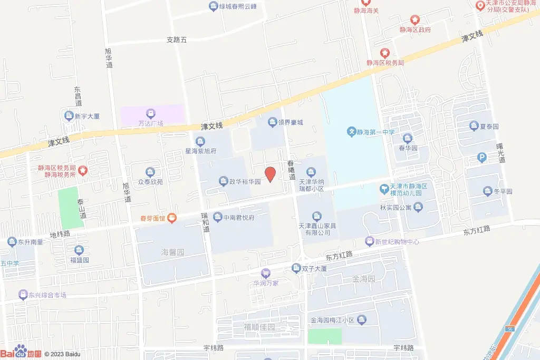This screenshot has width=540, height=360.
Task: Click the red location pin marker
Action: pos(270,174)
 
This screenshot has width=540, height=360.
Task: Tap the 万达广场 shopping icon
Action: pos(151,113)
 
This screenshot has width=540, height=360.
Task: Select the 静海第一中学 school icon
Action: pos(351,131)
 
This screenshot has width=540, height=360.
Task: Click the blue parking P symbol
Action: pos(481,157)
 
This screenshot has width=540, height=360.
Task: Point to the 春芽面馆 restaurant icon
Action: pos(173,218)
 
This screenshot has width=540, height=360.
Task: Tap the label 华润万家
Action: pos(266,283)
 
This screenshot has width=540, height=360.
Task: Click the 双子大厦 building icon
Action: pos(297,269)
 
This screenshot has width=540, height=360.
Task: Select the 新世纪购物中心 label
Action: pos(397,242)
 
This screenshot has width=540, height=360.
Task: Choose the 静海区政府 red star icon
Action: pos(415,20)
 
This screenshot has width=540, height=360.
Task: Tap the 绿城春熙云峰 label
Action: pos(238,7)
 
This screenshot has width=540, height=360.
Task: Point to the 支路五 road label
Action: pos(177,39)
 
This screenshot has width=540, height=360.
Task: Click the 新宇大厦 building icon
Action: pos(69,116)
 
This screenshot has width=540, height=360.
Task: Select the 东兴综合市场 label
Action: pos(47,295)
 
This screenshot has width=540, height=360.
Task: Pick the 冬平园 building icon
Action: pos(487,191)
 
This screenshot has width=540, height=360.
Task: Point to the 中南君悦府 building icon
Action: pos(218,217)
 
